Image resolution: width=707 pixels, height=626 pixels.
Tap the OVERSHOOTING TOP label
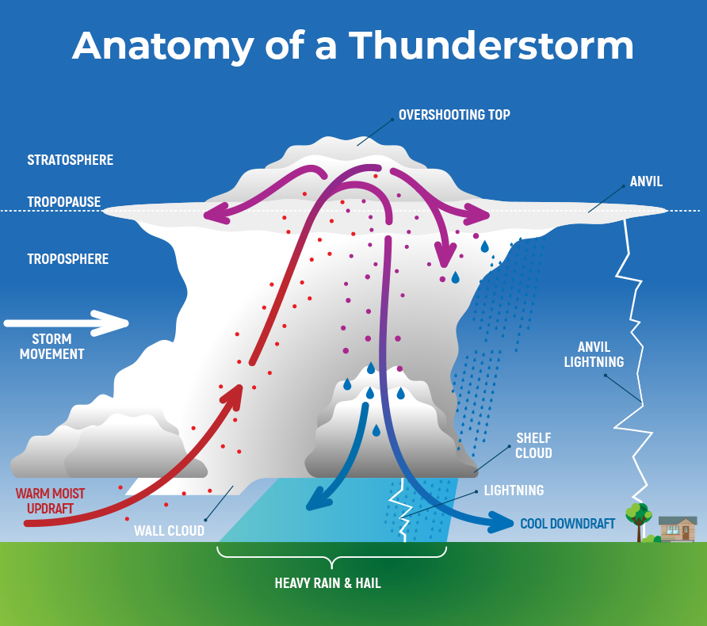pyautogui.click(x=454, y=115)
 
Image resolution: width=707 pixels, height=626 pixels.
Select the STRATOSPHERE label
pyautogui.click(x=71, y=160)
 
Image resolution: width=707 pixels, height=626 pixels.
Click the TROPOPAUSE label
pyautogui.click(x=64, y=202)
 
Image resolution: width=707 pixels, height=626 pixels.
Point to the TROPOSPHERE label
pyautogui.click(x=68, y=259)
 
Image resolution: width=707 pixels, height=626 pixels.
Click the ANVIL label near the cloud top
pyautogui.click(x=646, y=182)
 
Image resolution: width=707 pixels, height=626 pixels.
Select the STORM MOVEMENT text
pyautogui.click(x=52, y=346)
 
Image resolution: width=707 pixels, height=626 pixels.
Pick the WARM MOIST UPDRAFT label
pyautogui.click(x=50, y=501)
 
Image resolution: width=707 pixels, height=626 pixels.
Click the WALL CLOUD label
pyautogui.click(x=169, y=530)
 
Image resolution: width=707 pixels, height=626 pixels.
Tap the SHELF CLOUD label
pyautogui.click(x=533, y=445)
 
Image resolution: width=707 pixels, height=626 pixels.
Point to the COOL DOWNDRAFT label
pyautogui.click(x=568, y=524)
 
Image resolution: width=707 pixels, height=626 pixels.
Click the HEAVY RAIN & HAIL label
pyautogui.click(x=327, y=583)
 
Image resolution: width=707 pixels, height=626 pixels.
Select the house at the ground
pyautogui.click(x=678, y=528)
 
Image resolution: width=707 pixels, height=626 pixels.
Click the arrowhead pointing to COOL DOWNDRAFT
pyautogui.click(x=502, y=523)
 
